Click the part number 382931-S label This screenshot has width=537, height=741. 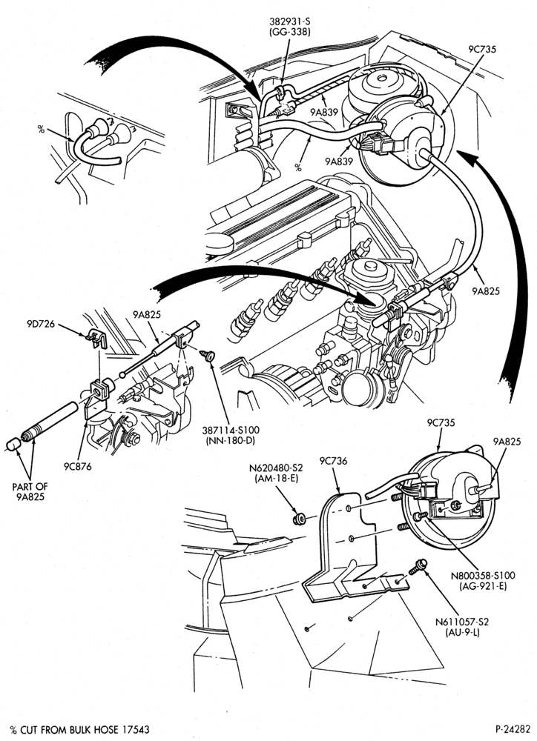pos(289,21)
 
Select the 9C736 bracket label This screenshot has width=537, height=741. pos(333,461)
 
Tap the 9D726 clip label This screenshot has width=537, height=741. pos(41,325)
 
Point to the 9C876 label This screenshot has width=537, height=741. pos(77,466)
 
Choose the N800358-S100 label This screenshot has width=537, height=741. pos(483,576)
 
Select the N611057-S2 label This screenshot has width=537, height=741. pos(462,622)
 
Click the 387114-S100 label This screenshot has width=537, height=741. pos(231,431)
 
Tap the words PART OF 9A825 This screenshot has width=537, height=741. pos(30,491)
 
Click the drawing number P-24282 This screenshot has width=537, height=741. pos(513,730)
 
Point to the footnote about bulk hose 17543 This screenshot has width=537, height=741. pos(79,730)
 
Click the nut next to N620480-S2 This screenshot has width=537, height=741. pos(299,519)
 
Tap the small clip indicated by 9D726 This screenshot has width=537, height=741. pos(97,338)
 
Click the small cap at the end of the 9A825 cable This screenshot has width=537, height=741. pos(13,445)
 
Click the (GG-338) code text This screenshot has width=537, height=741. pos(289,32)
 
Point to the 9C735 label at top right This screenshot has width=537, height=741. pos(482,49)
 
